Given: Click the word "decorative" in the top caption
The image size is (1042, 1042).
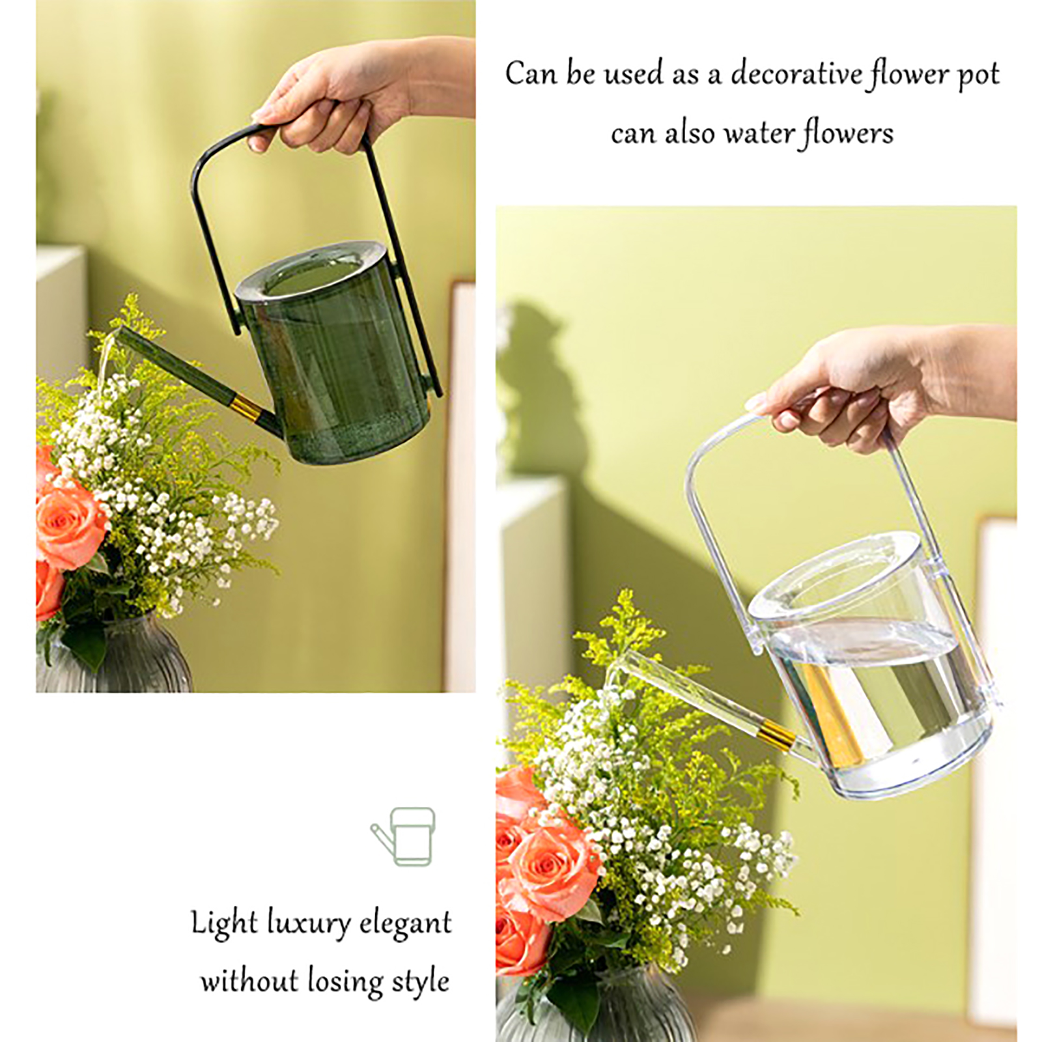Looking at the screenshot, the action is tap(796, 73).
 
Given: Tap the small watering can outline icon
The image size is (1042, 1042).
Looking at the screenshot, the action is tap(403, 837).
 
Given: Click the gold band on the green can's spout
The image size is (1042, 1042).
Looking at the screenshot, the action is tap(247, 408).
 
